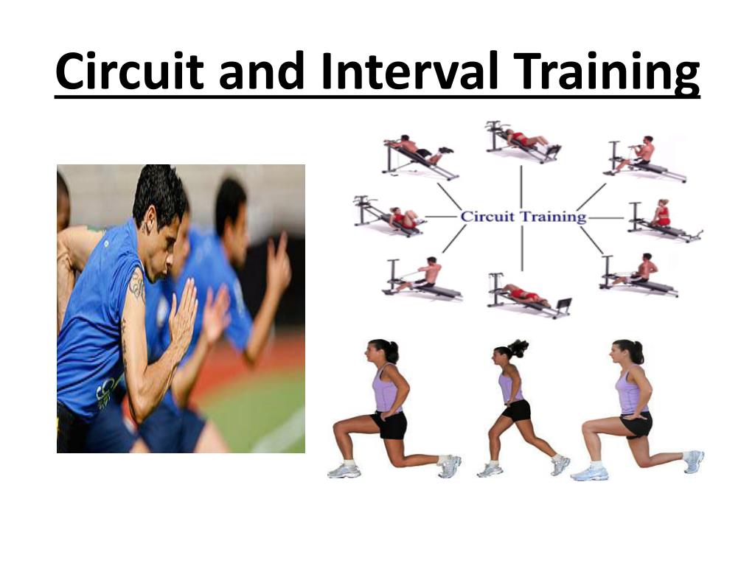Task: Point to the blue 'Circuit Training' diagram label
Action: (x=523, y=217)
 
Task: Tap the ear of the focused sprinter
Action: (x=150, y=220)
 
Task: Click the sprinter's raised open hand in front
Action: (x=183, y=310)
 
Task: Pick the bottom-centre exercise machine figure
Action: (x=529, y=295)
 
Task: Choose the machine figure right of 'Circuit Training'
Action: (x=664, y=220)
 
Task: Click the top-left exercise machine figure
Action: (x=419, y=156)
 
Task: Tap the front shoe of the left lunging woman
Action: (x=344, y=471)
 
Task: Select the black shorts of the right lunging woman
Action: (x=636, y=424)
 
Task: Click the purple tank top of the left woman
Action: (x=386, y=389)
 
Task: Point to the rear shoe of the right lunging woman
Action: (x=693, y=461)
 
